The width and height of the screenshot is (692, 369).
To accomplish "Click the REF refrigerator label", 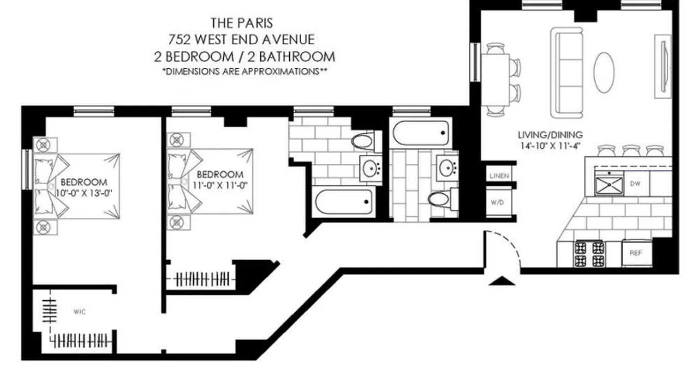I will click(x=636, y=253).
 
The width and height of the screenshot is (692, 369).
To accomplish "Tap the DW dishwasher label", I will click(x=635, y=183).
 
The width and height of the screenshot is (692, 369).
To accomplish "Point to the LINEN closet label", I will click(x=499, y=176).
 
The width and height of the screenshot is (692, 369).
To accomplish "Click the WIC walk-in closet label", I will click(x=79, y=312).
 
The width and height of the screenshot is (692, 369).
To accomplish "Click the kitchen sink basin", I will click(x=608, y=184).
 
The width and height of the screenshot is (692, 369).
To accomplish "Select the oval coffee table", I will click(x=603, y=72).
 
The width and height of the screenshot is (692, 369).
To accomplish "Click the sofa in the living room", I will click(x=567, y=73).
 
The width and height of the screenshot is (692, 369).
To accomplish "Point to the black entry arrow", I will click(x=501, y=281).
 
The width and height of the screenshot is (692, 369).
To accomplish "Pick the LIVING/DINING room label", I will click(x=550, y=135).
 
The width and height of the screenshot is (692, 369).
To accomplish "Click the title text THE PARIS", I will click(x=241, y=22).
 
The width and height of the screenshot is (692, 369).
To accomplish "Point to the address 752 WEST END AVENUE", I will click(x=242, y=39).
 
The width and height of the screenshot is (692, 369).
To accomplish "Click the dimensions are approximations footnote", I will click(x=242, y=71).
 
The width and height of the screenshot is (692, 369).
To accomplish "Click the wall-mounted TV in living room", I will click(x=663, y=67).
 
